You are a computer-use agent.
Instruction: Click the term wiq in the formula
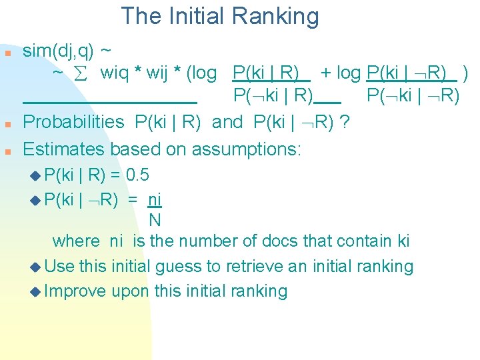(115, 73)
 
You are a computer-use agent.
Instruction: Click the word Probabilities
(73, 122)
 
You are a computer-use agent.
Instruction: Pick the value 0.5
(137, 175)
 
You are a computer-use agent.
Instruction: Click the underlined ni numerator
(154, 199)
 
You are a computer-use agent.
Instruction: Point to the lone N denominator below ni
(154, 219)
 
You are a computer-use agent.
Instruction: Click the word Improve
(76, 291)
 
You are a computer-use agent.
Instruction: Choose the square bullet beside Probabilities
(8, 125)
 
